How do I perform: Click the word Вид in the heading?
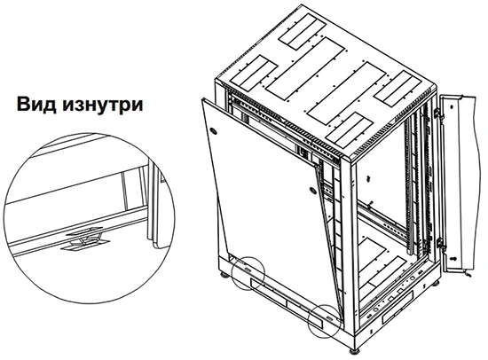click(x=36, y=105)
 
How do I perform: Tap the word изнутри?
click(x=103, y=106)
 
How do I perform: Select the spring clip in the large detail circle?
click(x=84, y=239)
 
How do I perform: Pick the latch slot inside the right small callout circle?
click(x=329, y=318)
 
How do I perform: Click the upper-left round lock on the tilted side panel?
click(x=214, y=130)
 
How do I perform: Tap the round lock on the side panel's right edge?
click(x=313, y=190)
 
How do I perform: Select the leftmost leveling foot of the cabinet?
click(x=224, y=275)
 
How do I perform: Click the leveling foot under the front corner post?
click(x=354, y=351)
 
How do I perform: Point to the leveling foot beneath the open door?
click(x=436, y=283)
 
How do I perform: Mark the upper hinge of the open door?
click(x=437, y=113)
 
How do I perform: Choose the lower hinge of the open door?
click(x=439, y=242)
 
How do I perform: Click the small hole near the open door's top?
click(x=452, y=106)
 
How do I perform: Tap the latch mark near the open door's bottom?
click(x=454, y=258)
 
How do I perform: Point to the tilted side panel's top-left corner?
click(x=202, y=99)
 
